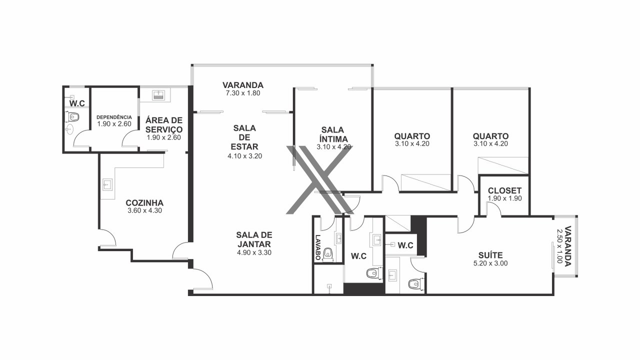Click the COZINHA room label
pyautogui.click(x=144, y=203)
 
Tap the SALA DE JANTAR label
pyautogui.click(x=254, y=239)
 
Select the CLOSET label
pyautogui.click(x=504, y=190)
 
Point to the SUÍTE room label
pyautogui.click(x=490, y=255)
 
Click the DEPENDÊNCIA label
pyautogui.click(x=114, y=117)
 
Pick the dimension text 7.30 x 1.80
pyautogui.click(x=243, y=93)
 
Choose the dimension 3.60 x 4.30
pyautogui.click(x=144, y=210)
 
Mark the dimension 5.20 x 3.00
pyautogui.click(x=490, y=263)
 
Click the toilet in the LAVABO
pyautogui.click(x=328, y=254)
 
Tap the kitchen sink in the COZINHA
pyautogui.click(x=107, y=184)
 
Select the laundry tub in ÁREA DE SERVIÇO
pyautogui.click(x=157, y=95)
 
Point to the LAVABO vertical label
pyautogui.click(x=317, y=247)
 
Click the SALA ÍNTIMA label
pyautogui.click(x=333, y=134)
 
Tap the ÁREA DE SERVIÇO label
pyautogui.click(x=163, y=124)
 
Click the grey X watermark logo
pyautogui.click(x=320, y=179)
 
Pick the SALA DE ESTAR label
pyautogui.click(x=244, y=137)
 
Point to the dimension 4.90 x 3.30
pyautogui.click(x=254, y=252)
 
